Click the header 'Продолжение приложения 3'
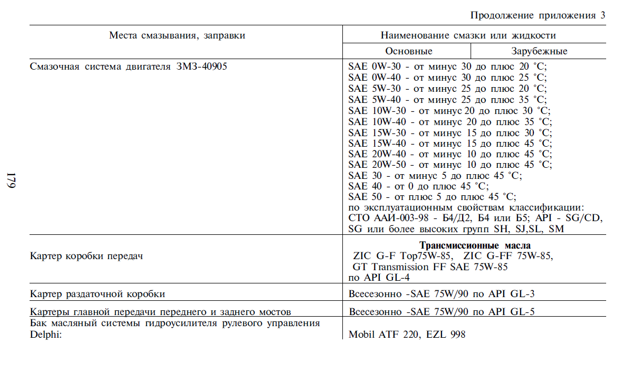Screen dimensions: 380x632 pos(537,15)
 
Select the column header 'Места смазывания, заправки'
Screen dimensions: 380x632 pos(177,36)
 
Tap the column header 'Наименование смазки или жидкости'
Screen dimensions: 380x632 pos(468,36)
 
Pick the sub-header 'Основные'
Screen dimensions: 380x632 pos(408,51)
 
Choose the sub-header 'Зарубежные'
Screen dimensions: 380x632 pos(539,51)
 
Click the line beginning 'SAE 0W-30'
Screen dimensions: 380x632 pos(447,67)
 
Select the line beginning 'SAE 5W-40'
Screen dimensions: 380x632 pos(447,100)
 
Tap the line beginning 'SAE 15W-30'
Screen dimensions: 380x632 pos(450,132)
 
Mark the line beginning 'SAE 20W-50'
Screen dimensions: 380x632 pos(450,165)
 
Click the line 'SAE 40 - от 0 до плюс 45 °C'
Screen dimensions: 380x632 pos(418,186)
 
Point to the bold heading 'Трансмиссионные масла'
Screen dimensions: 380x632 pos(475,245)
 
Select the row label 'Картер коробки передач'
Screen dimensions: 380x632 pos(87,256)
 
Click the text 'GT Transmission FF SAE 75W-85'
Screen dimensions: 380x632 pos(429,267)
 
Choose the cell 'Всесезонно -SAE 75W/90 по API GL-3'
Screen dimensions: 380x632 pos(442,294)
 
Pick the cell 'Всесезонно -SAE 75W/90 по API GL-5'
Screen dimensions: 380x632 pos(442,312)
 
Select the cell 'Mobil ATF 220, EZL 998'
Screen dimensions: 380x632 pos(407,335)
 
